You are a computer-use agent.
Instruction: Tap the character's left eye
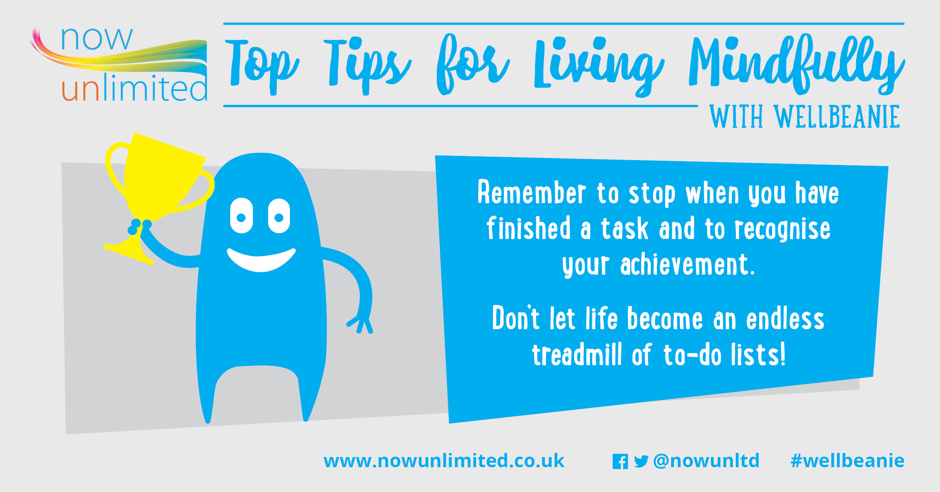click(x=241, y=215)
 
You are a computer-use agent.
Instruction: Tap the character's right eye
click(x=279, y=216)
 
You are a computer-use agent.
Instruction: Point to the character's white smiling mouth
click(x=261, y=259)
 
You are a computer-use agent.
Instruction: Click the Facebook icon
click(x=620, y=462)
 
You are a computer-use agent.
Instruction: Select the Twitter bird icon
click(x=641, y=462)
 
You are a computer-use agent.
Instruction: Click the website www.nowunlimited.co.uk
click(x=444, y=461)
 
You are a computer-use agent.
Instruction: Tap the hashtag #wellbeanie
click(x=848, y=461)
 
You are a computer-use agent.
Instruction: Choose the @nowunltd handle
click(x=707, y=461)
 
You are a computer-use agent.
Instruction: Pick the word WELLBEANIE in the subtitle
click(x=837, y=117)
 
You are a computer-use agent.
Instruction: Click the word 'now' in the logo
click(x=97, y=39)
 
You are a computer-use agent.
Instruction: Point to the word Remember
click(x=532, y=192)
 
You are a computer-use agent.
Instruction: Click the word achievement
click(x=688, y=265)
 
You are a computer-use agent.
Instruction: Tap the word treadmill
click(x=577, y=354)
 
